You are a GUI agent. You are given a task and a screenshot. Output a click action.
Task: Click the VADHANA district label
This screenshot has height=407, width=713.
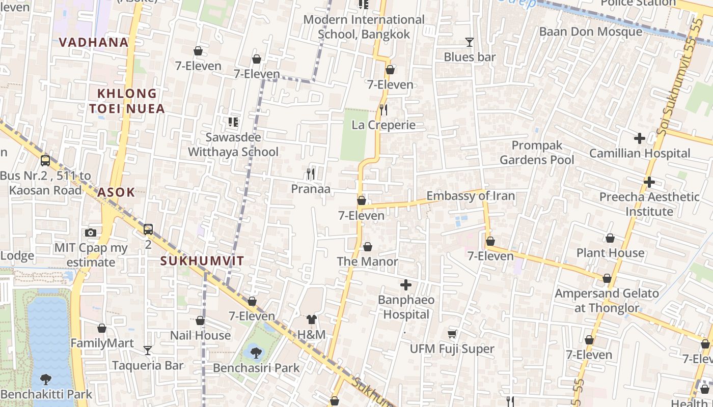(x=94, y=42)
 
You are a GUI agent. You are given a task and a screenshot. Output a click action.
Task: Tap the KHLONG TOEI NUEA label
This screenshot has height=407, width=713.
(x=127, y=101)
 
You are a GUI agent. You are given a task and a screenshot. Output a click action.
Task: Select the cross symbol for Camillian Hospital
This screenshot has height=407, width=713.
(x=639, y=138)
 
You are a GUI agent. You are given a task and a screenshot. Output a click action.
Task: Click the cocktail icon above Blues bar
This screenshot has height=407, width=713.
(x=469, y=42)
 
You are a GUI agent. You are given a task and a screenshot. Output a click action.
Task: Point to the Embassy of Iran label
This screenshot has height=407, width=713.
(x=470, y=196)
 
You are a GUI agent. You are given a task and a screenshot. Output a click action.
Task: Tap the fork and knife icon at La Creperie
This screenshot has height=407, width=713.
(x=383, y=109)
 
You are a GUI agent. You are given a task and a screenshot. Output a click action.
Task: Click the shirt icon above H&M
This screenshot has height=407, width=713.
(x=312, y=319)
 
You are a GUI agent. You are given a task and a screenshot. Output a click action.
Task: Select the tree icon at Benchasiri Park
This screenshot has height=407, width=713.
(x=256, y=352)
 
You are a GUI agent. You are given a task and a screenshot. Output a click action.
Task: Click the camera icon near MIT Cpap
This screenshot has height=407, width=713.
(x=91, y=233)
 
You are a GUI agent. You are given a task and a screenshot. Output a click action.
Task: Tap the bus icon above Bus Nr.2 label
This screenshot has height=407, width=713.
(x=45, y=161)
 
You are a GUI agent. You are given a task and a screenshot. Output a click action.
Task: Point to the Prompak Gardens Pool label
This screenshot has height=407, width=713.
(x=537, y=153)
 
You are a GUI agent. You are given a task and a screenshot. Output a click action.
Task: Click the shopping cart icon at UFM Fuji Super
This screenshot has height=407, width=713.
(x=452, y=334)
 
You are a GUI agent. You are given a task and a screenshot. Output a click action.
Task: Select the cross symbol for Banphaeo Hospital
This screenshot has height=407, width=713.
(x=406, y=284)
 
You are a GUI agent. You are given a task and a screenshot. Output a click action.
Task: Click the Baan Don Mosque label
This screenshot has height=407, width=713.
(x=590, y=32)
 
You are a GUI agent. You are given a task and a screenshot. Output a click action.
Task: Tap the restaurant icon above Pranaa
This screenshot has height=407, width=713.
(x=310, y=174)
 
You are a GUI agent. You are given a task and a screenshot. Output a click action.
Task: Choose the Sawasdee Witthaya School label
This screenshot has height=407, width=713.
(x=233, y=144)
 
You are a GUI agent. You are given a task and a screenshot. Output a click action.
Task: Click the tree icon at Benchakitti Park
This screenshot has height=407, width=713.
(x=46, y=379)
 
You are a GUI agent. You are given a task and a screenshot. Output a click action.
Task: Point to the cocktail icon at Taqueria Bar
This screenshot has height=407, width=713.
(x=148, y=350)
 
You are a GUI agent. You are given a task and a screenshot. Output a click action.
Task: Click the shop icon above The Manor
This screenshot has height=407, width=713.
(x=368, y=247)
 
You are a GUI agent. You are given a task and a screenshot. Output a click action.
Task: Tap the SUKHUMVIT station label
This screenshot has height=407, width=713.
(x=202, y=261)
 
